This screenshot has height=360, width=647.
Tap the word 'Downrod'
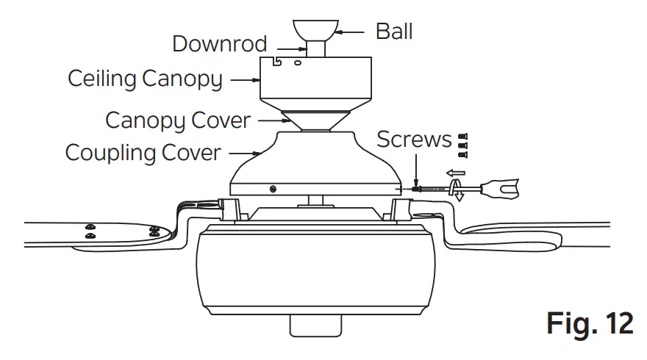(x=219, y=43)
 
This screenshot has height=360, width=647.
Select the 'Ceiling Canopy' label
(x=145, y=78)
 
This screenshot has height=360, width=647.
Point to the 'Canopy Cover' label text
(x=178, y=119)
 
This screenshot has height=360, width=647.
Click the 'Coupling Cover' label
(x=143, y=153)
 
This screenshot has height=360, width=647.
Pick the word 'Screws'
(x=414, y=139)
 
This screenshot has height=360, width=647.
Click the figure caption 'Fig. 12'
(x=590, y=324)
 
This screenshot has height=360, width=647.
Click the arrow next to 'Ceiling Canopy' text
(x=241, y=79)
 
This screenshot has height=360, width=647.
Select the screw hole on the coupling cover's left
(x=274, y=189)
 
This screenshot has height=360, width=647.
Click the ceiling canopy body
(x=313, y=88)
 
